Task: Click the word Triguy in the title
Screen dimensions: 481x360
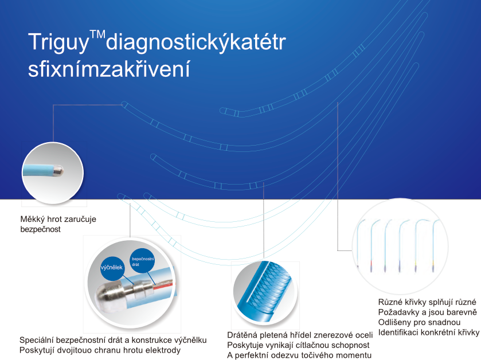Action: (x=58, y=42)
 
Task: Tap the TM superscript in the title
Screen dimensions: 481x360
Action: (x=97, y=34)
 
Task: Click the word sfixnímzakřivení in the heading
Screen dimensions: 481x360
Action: (x=109, y=69)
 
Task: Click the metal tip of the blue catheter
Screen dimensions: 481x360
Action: (x=58, y=170)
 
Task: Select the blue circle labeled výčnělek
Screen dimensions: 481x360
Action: (x=112, y=268)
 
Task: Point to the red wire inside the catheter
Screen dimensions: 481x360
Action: (x=163, y=286)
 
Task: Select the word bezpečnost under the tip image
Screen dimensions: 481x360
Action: (x=41, y=229)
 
